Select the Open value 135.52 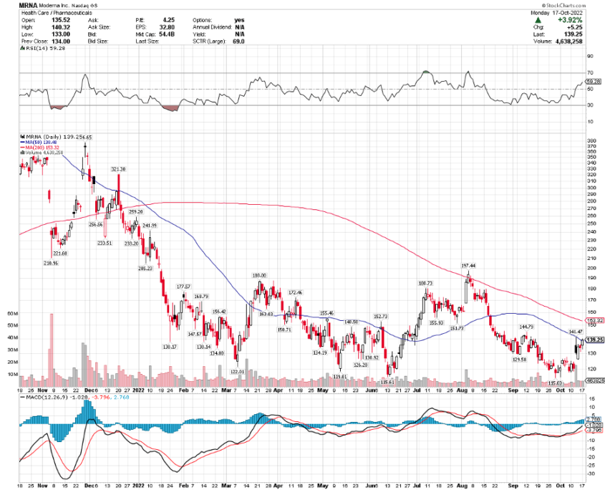pos(74,21)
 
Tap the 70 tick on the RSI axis pos(591,73)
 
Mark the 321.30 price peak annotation pos(118,169)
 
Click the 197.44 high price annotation pos(468,265)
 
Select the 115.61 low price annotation pos(389,382)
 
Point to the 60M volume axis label pos(12,314)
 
